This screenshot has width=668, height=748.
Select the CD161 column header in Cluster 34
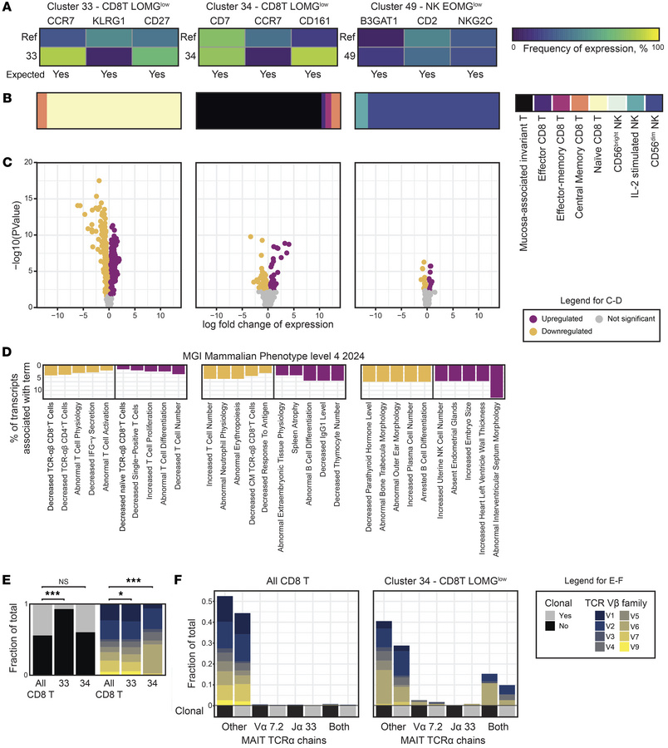317,23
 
